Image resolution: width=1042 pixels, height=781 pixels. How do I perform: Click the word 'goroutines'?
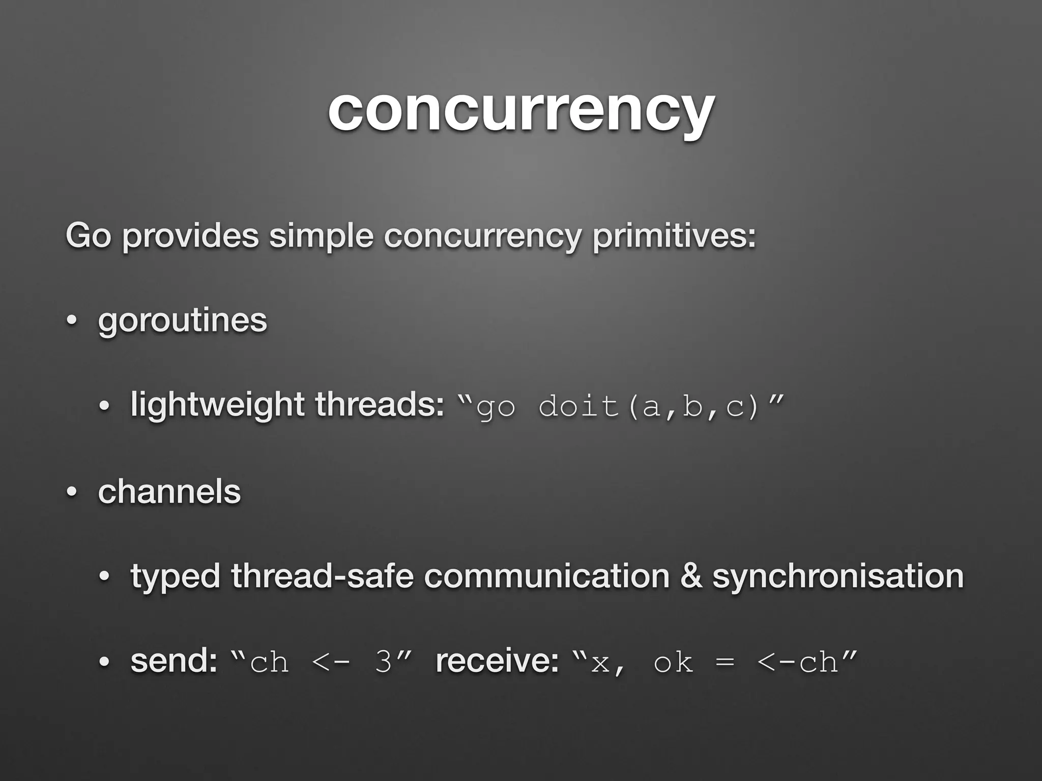click(x=182, y=320)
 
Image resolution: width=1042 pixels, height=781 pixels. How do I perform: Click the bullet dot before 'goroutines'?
click(x=72, y=321)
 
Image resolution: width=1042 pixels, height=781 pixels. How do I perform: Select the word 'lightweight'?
click(x=217, y=405)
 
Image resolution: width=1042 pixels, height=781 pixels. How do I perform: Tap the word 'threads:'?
click(x=380, y=405)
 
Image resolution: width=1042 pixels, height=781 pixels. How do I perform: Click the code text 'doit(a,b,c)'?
click(x=649, y=407)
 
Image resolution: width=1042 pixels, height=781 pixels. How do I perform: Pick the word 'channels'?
click(x=169, y=492)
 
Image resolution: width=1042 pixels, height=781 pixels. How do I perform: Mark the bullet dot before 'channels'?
click(x=72, y=493)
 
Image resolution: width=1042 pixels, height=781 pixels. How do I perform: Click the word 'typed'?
click(x=175, y=577)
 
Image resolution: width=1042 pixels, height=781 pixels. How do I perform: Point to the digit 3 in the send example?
click(x=383, y=662)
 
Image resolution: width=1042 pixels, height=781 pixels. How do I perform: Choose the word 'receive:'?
click(x=497, y=660)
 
